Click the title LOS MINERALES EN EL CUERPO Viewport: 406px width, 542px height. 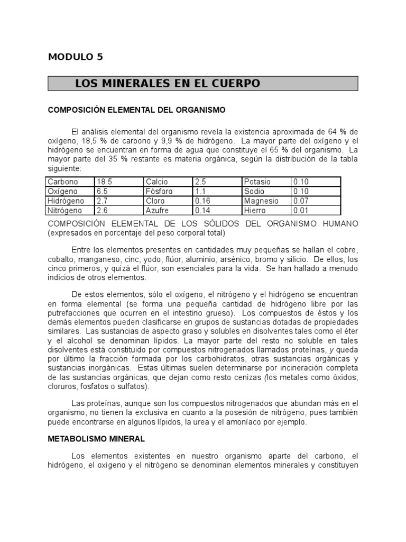click(x=168, y=84)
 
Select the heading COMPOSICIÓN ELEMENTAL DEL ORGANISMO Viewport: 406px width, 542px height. click(x=137, y=110)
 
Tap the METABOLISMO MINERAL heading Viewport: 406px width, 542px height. click(x=96, y=439)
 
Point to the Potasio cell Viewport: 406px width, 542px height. click(x=257, y=182)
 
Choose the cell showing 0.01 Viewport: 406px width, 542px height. click(x=301, y=210)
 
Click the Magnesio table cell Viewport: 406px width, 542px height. click(x=261, y=201)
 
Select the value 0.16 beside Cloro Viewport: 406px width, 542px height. click(x=202, y=201)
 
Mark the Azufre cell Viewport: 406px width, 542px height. click(x=158, y=210)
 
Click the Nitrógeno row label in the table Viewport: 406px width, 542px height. click(x=64, y=210)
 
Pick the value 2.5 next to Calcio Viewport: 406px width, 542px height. click(x=200, y=182)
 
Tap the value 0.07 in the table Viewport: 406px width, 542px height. click(x=301, y=201)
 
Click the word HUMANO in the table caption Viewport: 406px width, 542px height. click(x=340, y=223)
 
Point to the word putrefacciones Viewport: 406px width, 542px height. click(x=72, y=312)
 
